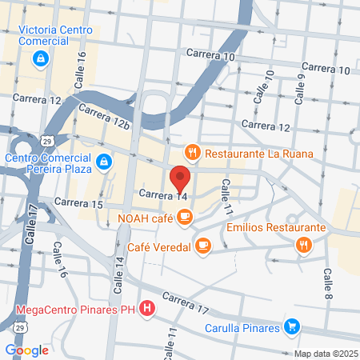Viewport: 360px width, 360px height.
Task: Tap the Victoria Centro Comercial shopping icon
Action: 40,58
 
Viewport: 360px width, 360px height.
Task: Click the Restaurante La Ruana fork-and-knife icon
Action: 191,152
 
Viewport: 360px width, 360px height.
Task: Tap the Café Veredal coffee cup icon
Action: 203,246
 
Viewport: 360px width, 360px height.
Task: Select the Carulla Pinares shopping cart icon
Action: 293,326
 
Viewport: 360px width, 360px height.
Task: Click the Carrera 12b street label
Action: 104,117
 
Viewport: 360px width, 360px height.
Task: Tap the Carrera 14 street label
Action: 162,194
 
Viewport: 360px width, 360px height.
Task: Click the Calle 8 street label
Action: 328,283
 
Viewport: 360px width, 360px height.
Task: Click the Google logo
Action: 26,350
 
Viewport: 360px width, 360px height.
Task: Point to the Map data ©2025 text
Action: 325,354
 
